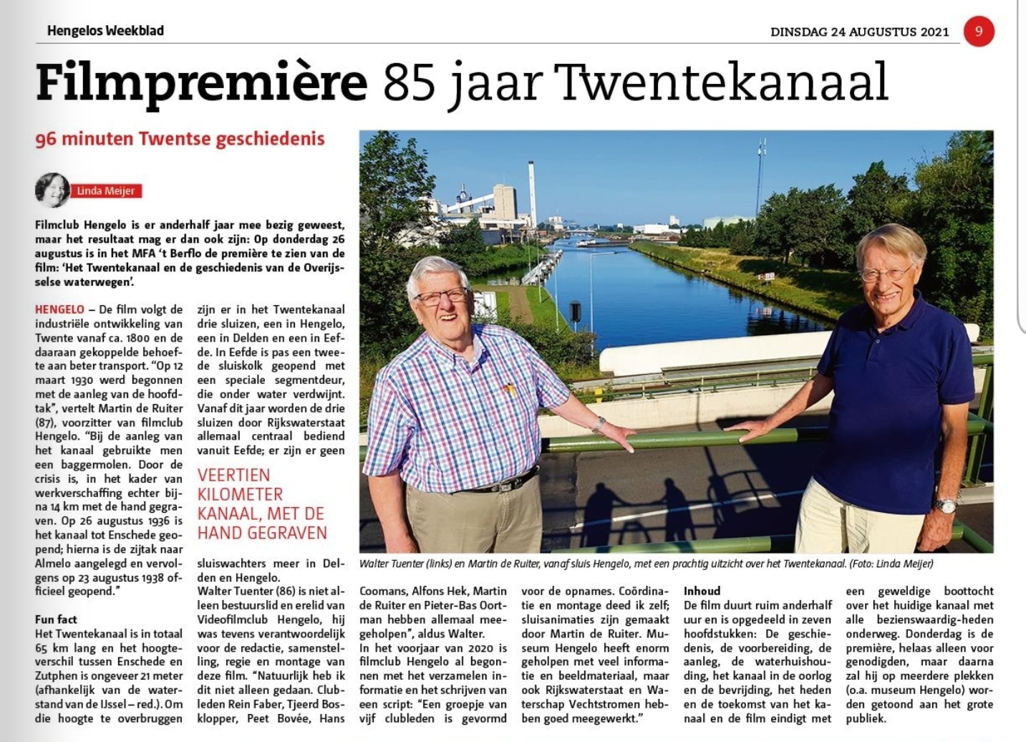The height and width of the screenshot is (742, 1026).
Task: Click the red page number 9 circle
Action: point(979,32)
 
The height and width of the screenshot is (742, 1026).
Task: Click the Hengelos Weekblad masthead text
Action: point(105,31)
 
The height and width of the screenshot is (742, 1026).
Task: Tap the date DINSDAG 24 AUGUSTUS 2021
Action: point(859,32)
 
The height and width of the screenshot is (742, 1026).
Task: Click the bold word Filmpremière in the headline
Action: point(201,82)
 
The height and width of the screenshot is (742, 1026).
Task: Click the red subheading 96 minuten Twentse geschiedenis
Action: point(180,138)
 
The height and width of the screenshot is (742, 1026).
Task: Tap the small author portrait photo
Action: point(52,191)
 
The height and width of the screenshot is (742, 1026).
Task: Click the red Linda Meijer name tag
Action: point(105,191)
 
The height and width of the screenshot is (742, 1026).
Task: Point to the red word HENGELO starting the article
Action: point(59,309)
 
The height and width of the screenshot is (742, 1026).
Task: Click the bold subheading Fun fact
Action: point(56,620)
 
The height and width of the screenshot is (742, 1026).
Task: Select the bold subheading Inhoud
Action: point(702,591)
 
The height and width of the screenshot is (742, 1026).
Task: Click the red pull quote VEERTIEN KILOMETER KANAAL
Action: point(262,503)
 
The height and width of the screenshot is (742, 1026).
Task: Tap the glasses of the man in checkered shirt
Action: point(440,295)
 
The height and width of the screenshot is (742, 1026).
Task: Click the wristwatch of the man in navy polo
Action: point(946,505)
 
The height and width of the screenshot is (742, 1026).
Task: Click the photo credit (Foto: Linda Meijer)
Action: point(891,564)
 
